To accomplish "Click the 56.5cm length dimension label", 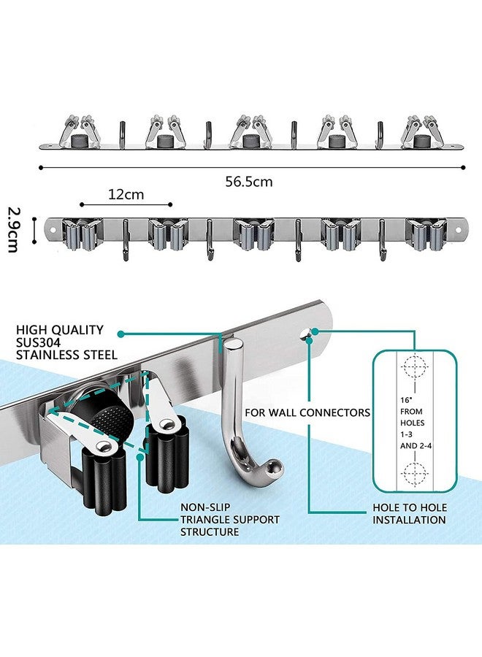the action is pyautogui.click(x=249, y=182).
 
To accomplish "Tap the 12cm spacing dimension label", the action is pyautogui.click(x=126, y=194).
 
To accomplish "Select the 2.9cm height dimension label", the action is pyautogui.click(x=13, y=230).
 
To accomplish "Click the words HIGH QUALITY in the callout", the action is pyautogui.click(x=59, y=330).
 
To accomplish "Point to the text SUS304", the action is pyautogui.click(x=38, y=342).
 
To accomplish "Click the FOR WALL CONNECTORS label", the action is pyautogui.click(x=307, y=412).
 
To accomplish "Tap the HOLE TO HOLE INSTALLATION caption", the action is pyautogui.click(x=410, y=514).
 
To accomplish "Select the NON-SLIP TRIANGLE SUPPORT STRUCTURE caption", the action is pyautogui.click(x=230, y=520).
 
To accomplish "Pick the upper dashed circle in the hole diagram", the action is pyautogui.click(x=414, y=366).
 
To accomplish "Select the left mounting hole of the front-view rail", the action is pyautogui.click(x=53, y=230).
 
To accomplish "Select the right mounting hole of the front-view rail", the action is pyautogui.click(x=458, y=230).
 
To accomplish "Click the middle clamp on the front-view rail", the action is pyautogui.click(x=254, y=234).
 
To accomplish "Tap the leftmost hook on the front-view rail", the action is pyautogui.click(x=124, y=240).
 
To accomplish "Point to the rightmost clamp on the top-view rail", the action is pyautogui.click(x=423, y=131).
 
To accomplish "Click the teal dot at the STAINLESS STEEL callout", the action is pyautogui.click(x=120, y=334).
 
